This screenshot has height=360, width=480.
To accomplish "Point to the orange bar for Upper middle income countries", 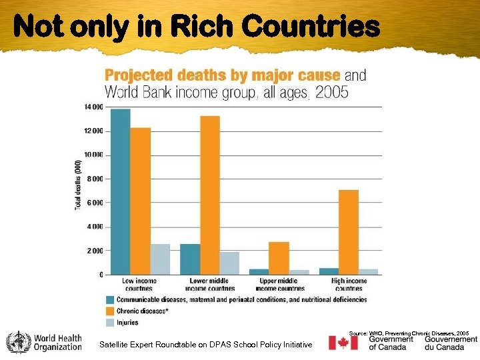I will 279,258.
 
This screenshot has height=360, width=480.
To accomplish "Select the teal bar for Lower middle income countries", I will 190,259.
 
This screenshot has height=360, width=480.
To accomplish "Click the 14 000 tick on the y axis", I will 93,107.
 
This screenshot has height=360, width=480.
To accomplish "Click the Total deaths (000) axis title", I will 77,185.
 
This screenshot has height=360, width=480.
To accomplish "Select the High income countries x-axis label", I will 349,285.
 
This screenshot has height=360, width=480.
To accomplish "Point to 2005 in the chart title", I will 331,92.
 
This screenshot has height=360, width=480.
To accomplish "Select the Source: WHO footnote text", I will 409,332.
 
